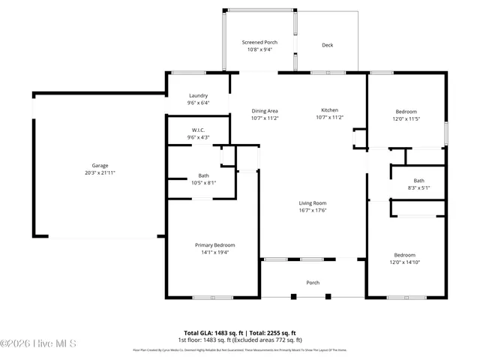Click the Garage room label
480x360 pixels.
(100, 165)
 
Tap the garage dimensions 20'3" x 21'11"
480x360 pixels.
(100, 172)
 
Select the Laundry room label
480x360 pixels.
(198, 95)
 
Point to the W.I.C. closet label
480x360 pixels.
(198, 130)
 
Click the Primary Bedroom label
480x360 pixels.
(214, 245)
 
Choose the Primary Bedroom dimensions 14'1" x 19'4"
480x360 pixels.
(214, 253)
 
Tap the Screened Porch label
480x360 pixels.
(259, 42)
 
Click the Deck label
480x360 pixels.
(327, 45)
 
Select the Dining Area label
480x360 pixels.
(265, 110)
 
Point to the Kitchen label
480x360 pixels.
(330, 110)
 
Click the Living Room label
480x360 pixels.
(313, 202)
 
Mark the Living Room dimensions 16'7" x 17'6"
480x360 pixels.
(313, 210)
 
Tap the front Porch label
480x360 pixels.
(313, 283)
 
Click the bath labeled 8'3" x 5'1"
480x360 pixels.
(418, 184)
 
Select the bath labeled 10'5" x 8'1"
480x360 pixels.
(203, 178)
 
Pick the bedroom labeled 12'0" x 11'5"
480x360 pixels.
(406, 114)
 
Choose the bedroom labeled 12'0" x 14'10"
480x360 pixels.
(405, 258)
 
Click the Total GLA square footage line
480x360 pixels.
(240, 332)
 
